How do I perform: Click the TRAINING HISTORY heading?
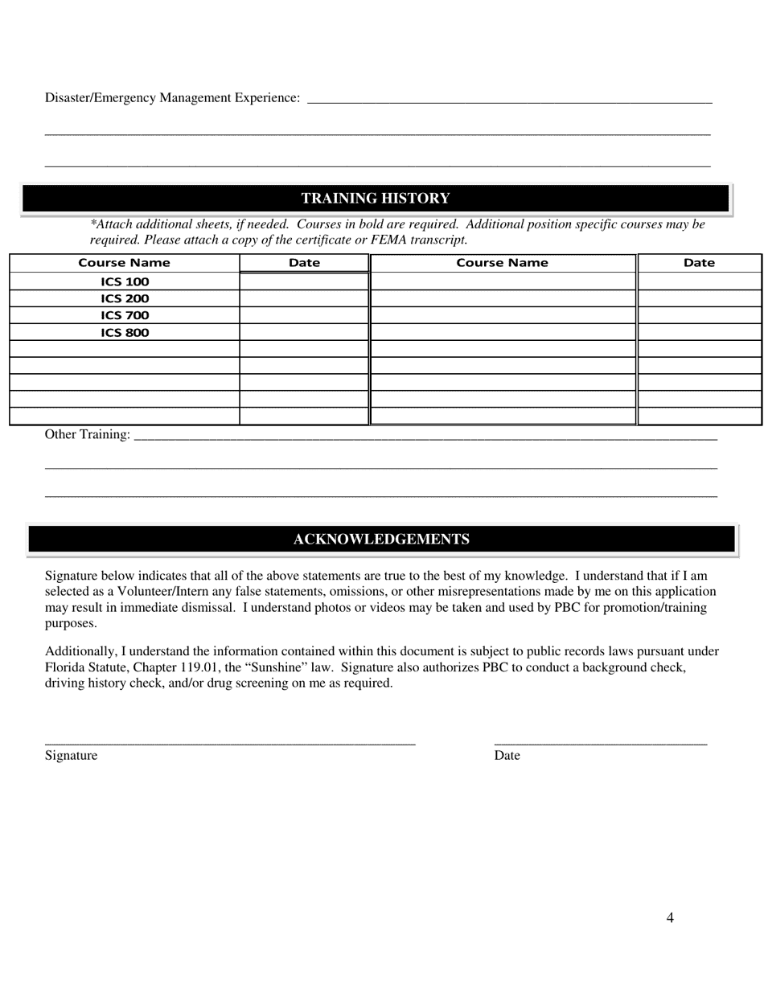pos(376,199)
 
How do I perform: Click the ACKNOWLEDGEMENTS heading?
pos(381,540)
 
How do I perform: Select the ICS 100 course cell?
pos(125,282)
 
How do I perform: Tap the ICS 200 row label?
pos(125,299)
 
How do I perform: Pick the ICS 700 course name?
pos(125,316)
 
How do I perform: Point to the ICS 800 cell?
pos(125,333)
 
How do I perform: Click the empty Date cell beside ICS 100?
pos(304,281)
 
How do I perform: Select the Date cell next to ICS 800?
pos(304,332)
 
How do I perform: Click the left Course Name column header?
pos(124,263)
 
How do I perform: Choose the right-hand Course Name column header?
pos(502,263)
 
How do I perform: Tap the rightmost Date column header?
pos(699,263)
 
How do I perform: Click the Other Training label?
pos(87,435)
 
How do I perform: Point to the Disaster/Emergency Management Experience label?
pos(172,98)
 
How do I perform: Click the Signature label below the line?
pos(71,756)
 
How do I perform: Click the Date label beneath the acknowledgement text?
pos(507,756)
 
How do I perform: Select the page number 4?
pos(670,918)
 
